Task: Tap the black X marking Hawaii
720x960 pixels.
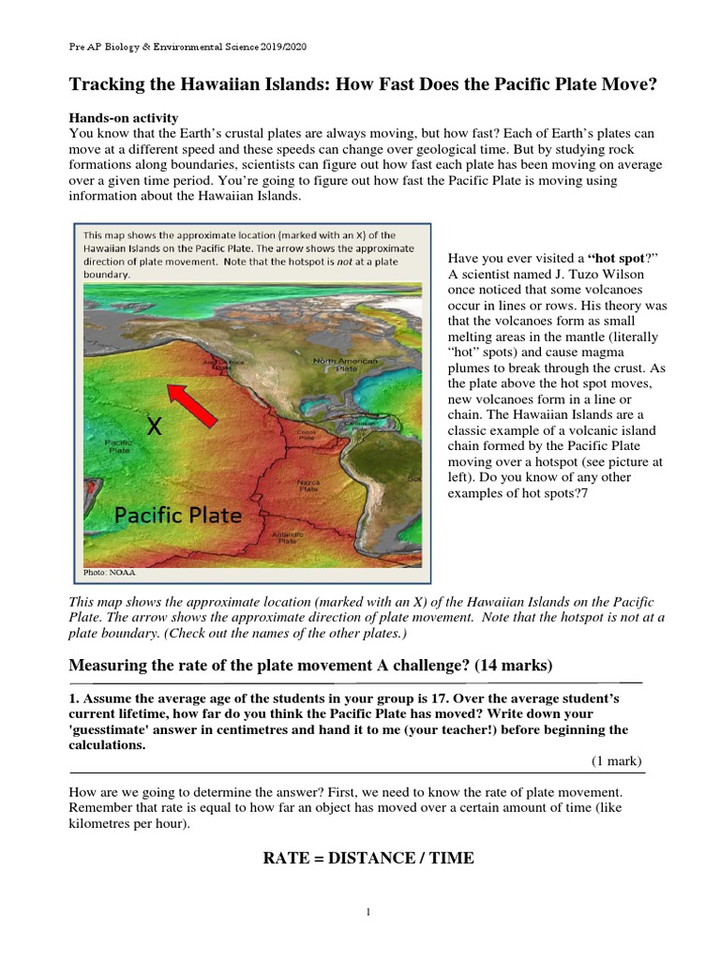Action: tap(154, 427)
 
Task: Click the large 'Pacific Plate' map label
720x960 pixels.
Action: tap(178, 515)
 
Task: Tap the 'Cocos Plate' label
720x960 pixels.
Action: tap(306, 436)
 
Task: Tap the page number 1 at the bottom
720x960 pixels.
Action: tap(369, 913)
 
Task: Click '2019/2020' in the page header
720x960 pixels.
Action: tap(277, 46)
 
